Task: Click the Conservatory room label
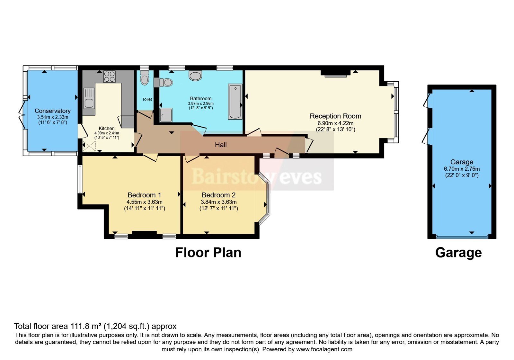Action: pyautogui.click(x=52, y=111)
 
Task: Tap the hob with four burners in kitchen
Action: pyautogui.click(x=109, y=76)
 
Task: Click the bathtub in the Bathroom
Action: pyautogui.click(x=235, y=102)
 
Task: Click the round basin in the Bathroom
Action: pyautogui.click(x=195, y=76)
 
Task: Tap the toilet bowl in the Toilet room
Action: pyautogui.click(x=145, y=79)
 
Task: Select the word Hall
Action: pyautogui.click(x=221, y=145)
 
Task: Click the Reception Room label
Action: pyautogui.click(x=335, y=116)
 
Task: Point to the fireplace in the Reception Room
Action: pyautogui.click(x=335, y=74)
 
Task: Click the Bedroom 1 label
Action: pyautogui.click(x=144, y=195)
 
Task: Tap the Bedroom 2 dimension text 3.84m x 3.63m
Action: pyautogui.click(x=218, y=202)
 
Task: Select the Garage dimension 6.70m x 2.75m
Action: pyautogui.click(x=462, y=169)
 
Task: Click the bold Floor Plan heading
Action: pyautogui.click(x=208, y=253)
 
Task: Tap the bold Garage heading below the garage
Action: pyautogui.click(x=458, y=253)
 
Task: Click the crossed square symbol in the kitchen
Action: pyautogui.click(x=89, y=146)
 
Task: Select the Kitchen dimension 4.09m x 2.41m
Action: pyautogui.click(x=107, y=133)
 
